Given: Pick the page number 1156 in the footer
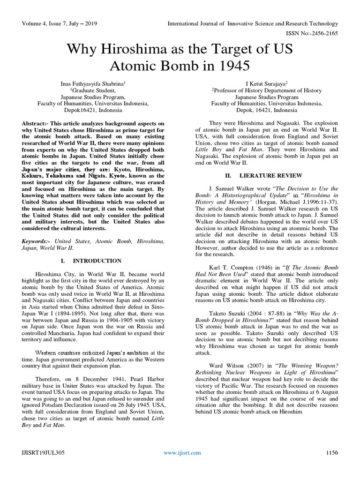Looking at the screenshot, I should pyautogui.click(x=331, y=452).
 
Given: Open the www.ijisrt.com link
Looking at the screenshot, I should pyautogui.click(x=182, y=452).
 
